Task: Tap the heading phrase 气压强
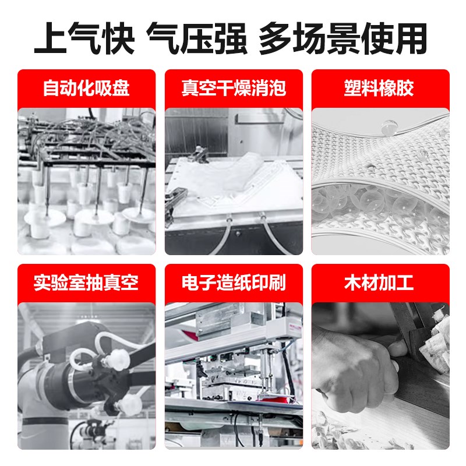click(x=196, y=38)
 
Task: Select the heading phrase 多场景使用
click(x=344, y=38)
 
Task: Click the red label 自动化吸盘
click(x=86, y=89)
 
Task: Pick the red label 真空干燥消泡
click(x=233, y=89)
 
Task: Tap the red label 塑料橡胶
click(x=380, y=89)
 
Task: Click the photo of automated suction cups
click(x=86, y=181)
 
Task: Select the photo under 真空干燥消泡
click(x=233, y=181)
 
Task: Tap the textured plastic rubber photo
click(x=380, y=181)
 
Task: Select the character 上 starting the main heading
click(x=49, y=38)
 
